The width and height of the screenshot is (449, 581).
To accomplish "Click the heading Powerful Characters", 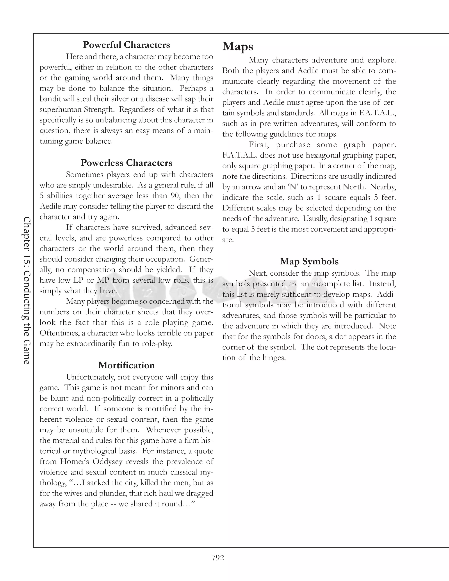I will click(x=126, y=45).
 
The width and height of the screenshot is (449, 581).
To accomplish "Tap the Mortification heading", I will click(x=126, y=365).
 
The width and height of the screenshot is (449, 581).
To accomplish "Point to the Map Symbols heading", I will click(x=309, y=262).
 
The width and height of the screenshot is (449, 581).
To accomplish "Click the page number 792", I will click(x=218, y=558).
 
